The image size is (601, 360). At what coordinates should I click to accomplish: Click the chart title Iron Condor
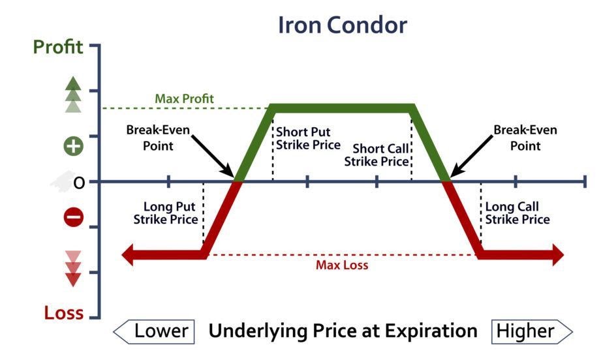point(342,25)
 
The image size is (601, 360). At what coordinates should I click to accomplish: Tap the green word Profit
point(59,48)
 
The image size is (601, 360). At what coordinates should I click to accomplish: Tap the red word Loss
point(64,313)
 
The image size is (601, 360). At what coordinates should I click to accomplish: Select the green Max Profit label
point(184,99)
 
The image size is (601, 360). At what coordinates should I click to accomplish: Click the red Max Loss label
point(342,265)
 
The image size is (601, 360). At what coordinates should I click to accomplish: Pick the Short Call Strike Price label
point(377,154)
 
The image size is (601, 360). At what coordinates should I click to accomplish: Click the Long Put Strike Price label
point(166,213)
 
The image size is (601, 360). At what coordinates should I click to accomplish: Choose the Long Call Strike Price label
point(517,213)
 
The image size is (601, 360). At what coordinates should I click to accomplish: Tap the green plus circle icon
point(73,145)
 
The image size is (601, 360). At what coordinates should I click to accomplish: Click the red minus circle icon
point(73,217)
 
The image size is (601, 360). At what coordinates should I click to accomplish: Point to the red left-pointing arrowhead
point(129,255)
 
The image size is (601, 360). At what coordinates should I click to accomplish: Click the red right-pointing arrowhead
point(556,255)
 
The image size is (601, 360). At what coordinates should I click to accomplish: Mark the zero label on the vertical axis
point(79,183)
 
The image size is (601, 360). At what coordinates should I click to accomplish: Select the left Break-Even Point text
point(158,138)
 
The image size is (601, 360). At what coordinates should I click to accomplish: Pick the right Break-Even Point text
point(525,138)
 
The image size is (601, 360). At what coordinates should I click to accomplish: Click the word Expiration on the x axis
point(431,331)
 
